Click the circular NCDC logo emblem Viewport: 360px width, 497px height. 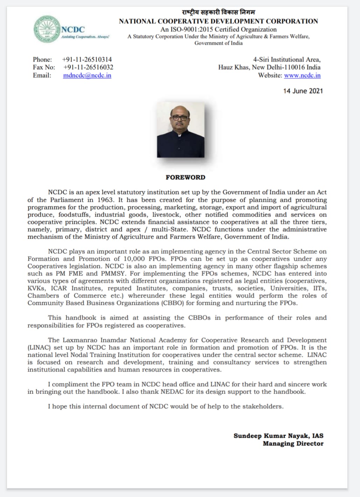pyautogui.click(x=47, y=30)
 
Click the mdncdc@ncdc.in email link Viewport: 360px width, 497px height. pyautogui.click(x=87, y=75)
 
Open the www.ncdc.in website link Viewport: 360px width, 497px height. pyautogui.click(x=302, y=75)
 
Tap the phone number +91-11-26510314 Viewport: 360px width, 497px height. pyautogui.click(x=87, y=60)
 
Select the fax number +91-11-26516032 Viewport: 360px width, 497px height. pyautogui.click(x=88, y=67)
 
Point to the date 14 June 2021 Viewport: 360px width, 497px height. pyautogui.click(x=303, y=91)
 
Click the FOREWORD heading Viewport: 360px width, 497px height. pyautogui.click(x=186, y=177)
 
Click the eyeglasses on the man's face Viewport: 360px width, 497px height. pyautogui.click(x=180, y=118)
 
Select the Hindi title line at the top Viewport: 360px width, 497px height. pyautogui.click(x=219, y=13)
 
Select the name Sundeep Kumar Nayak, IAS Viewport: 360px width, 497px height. pyautogui.click(x=278, y=436)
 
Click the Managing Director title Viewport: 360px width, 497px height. pyautogui.click(x=293, y=443)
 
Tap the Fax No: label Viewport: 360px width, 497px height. pyautogui.click(x=44, y=67)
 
